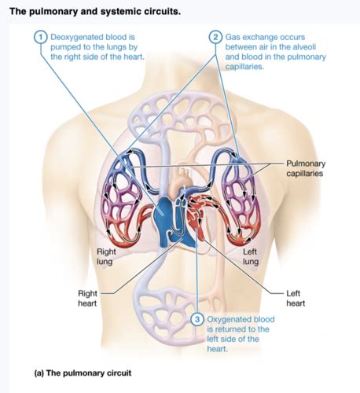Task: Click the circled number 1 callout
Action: (40, 37)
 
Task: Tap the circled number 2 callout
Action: (215, 37)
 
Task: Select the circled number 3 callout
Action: (197, 319)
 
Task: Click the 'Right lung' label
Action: (106, 257)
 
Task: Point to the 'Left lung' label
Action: (251, 257)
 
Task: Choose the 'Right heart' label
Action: (87, 298)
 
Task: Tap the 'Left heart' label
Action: (296, 298)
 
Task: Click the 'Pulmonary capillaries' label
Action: (306, 168)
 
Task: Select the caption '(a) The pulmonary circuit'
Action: (83, 373)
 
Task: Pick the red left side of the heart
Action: (197, 219)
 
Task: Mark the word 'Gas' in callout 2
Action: (232, 37)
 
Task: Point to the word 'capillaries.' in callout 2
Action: (244, 67)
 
